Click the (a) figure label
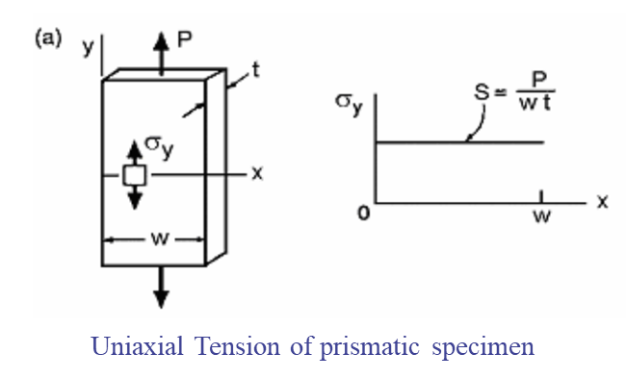[x=48, y=39]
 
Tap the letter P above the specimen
[x=185, y=39]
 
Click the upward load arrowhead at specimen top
[x=161, y=41]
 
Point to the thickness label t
[x=255, y=70]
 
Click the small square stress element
[x=135, y=175]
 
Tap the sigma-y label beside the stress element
[x=159, y=146]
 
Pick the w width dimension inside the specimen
[x=160, y=239]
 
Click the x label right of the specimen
[x=257, y=173]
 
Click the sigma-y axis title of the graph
[x=349, y=104]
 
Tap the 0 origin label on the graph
[x=364, y=214]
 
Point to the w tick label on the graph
[x=542, y=215]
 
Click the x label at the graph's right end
[x=603, y=201]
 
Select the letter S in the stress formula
[x=482, y=91]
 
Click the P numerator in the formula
[x=539, y=80]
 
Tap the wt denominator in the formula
[x=535, y=103]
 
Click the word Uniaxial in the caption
[x=138, y=346]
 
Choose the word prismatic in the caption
[x=369, y=346]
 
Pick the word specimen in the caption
[x=483, y=348]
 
